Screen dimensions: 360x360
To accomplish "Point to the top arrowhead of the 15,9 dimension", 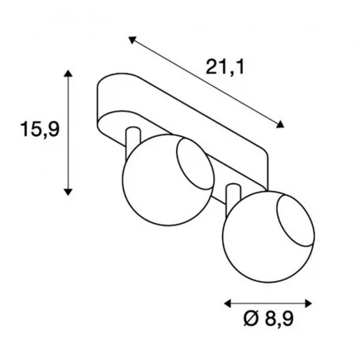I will click(x=69, y=74).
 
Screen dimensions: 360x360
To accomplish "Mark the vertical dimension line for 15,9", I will click(x=69, y=131).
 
